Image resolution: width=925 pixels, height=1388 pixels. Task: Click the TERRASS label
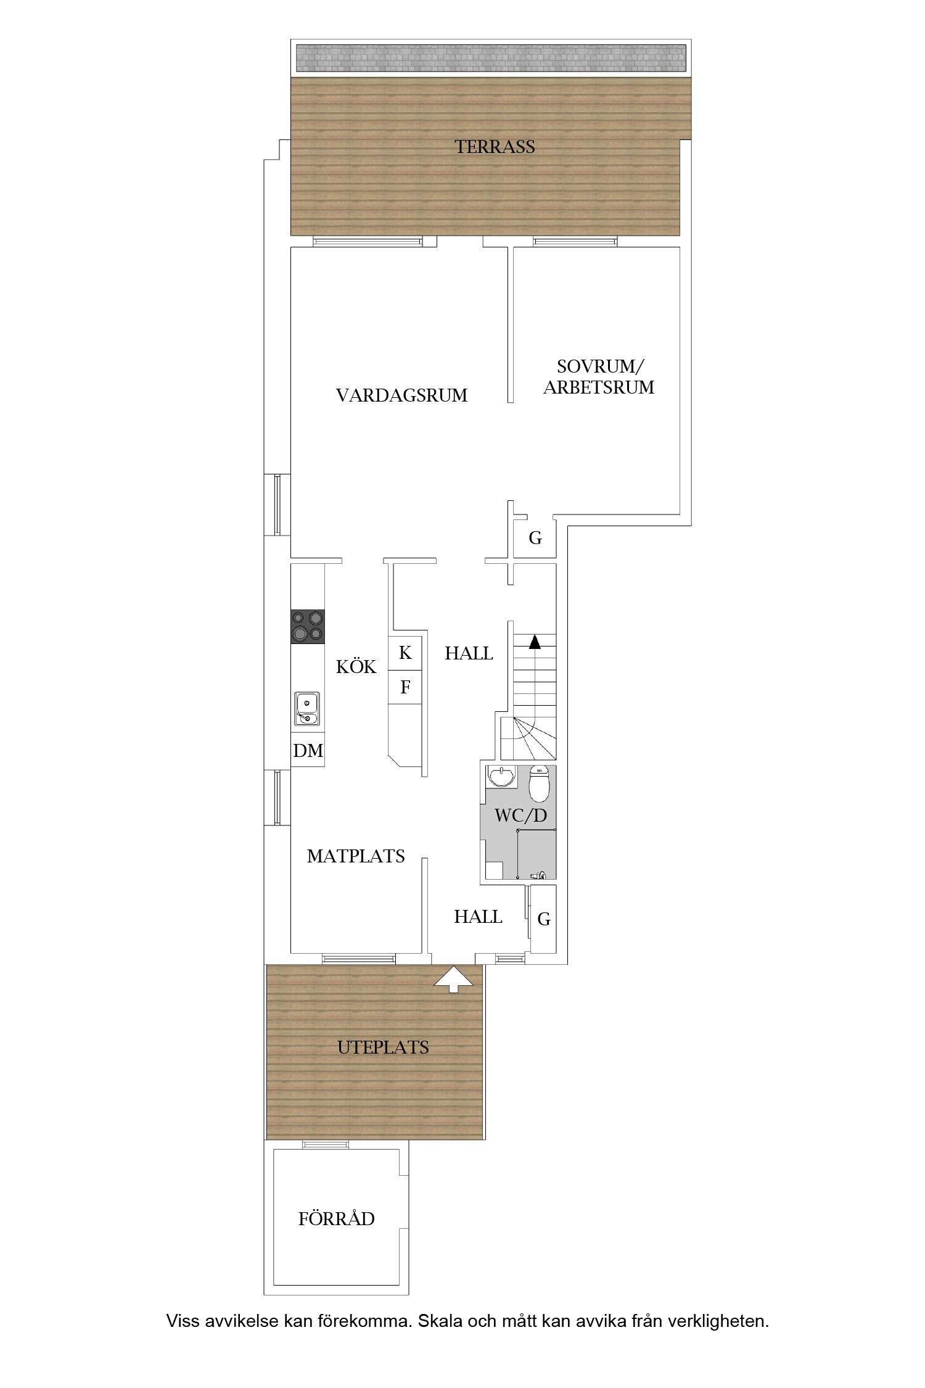[495, 147]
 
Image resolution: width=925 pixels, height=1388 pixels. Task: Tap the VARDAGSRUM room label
[401, 395]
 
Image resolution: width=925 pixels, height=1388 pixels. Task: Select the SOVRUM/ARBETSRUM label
[599, 377]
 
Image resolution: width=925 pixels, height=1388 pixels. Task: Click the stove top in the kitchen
[308, 627]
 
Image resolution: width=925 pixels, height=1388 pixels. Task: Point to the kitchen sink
[307, 709]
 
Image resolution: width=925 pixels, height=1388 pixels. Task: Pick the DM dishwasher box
[308, 750]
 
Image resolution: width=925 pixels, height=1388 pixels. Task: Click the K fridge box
[405, 653]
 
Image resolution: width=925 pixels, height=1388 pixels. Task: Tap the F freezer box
[405, 687]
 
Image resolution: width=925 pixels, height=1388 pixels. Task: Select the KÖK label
[356, 666]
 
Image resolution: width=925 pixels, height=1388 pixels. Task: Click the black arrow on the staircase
[535, 642]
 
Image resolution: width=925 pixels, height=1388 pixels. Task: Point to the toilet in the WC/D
[539, 783]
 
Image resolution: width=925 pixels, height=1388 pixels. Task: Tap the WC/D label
[520, 816]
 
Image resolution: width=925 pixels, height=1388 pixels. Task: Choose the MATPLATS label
[356, 856]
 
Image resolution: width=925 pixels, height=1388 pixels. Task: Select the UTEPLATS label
[383, 1047]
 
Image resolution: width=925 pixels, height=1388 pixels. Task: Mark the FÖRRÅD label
[337, 1218]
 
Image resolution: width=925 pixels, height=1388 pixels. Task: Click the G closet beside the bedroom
[535, 538]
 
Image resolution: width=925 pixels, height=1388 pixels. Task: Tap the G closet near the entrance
[544, 919]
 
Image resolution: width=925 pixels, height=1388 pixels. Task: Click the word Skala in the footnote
[439, 1321]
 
